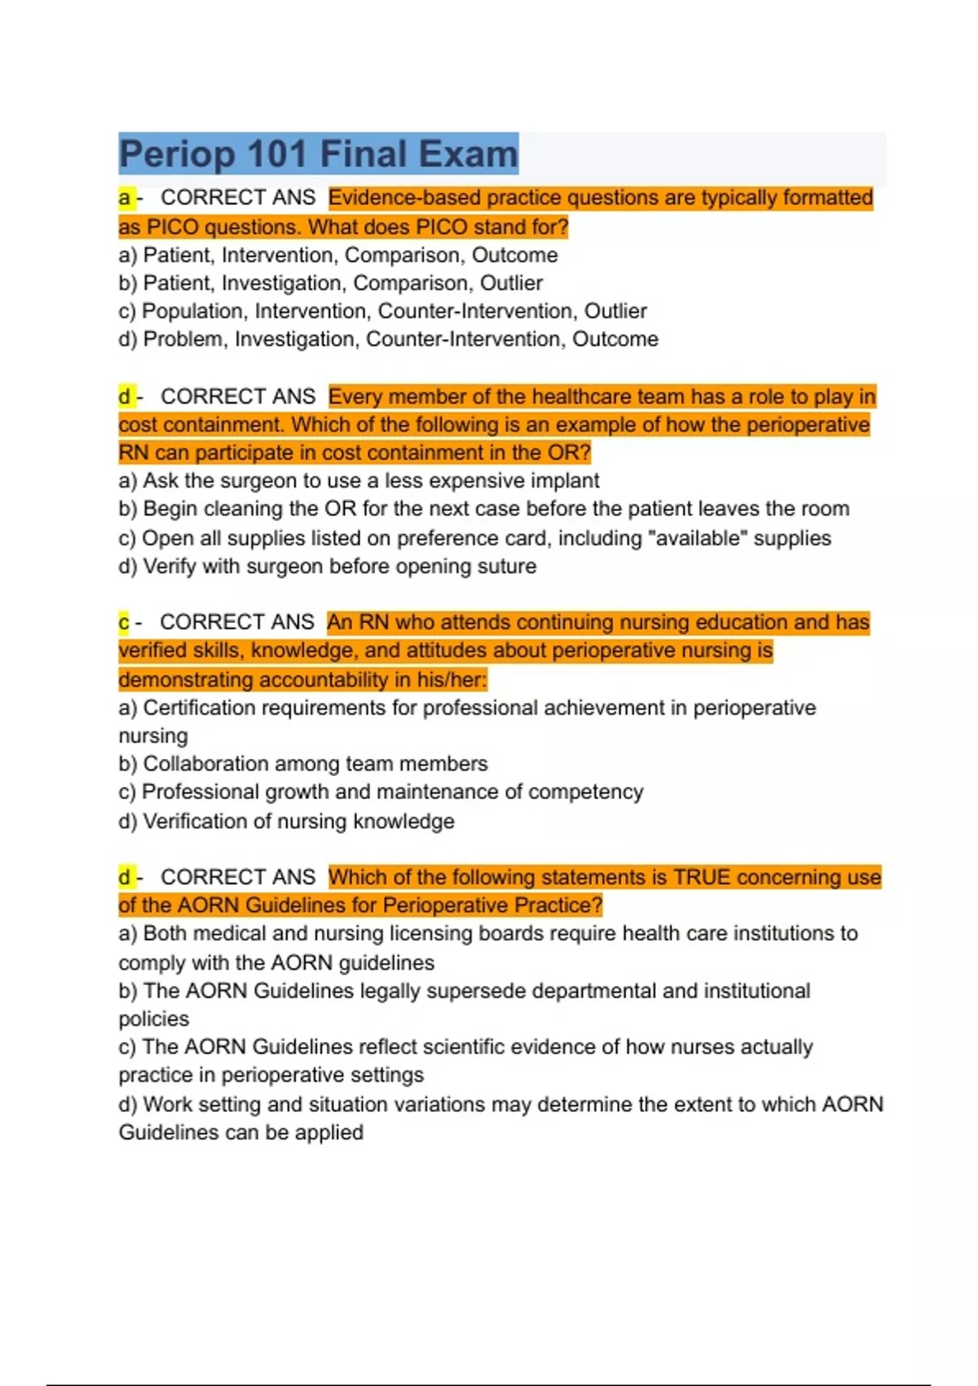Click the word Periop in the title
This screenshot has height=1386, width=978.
pos(177,154)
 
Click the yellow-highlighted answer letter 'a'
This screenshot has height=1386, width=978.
pos(125,198)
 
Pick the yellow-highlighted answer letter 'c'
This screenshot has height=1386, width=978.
pos(124,623)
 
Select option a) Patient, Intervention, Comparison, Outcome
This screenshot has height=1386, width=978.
pos(337,255)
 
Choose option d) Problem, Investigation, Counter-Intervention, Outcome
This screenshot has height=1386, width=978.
pos(388,339)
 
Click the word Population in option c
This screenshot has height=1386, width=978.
pos(192,311)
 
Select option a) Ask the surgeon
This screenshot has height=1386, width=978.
pos(359,481)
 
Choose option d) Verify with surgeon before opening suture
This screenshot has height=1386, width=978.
pos(328,567)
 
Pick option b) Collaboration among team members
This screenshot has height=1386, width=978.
pos(303,764)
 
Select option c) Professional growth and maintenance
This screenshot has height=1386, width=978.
pos(381,792)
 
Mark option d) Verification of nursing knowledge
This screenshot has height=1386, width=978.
pos(286,822)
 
